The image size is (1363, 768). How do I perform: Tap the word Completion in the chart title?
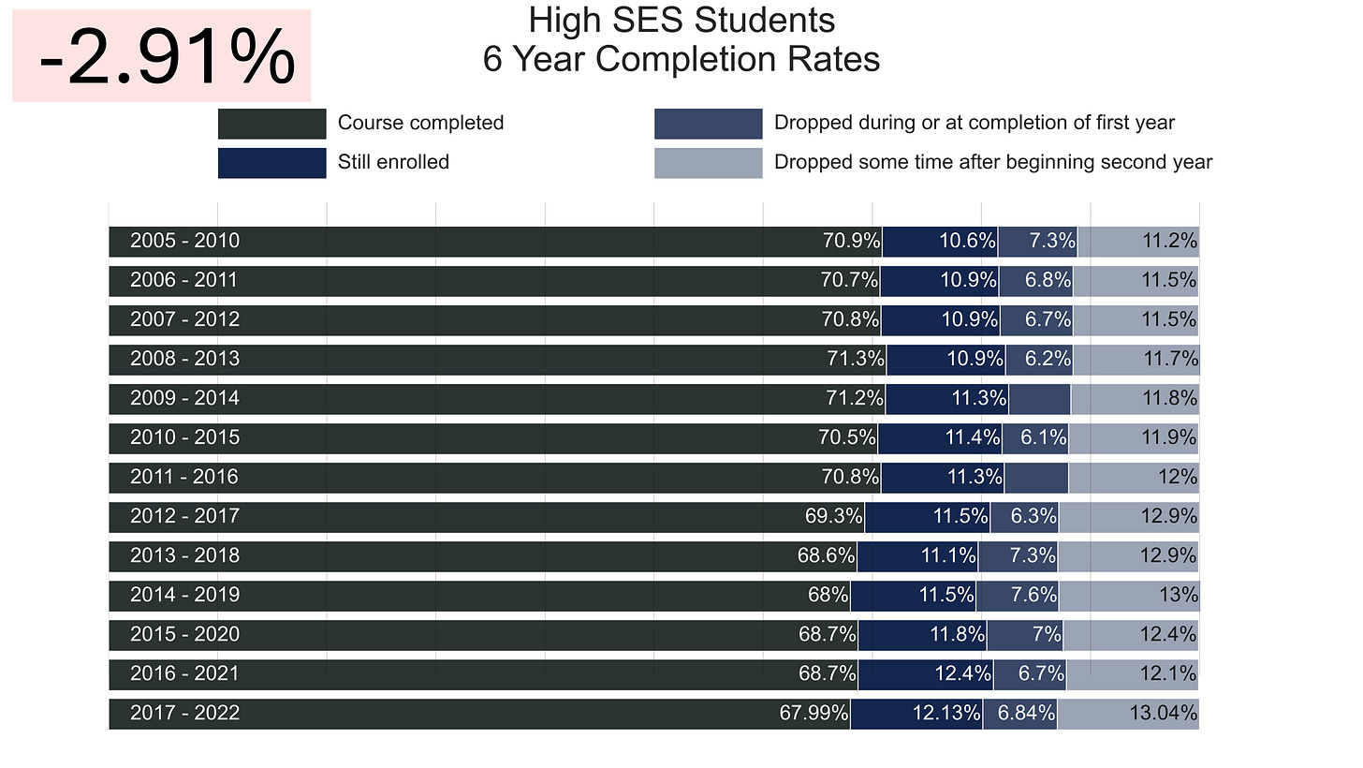click(686, 59)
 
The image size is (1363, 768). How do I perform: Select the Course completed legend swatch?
click(272, 124)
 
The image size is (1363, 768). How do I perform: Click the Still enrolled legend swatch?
click(272, 163)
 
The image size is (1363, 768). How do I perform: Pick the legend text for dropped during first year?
click(975, 123)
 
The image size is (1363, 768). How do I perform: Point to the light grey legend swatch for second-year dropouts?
click(709, 163)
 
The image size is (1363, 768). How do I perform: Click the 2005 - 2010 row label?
click(185, 241)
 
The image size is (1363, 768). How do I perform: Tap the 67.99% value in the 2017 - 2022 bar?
click(813, 713)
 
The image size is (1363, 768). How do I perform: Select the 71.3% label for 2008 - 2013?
click(855, 359)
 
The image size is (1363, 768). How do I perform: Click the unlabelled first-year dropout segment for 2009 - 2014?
click(1039, 399)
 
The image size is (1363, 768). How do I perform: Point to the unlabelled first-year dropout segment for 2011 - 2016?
click(1036, 478)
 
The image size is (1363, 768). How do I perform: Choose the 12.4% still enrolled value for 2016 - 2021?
click(962, 673)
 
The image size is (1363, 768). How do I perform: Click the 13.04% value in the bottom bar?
click(1164, 713)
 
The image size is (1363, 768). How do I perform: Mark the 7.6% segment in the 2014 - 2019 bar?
click(1018, 596)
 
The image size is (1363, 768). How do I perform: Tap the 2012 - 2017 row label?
click(185, 516)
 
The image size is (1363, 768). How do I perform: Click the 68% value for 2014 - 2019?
click(828, 595)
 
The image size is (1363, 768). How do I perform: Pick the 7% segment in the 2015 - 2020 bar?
click(1025, 635)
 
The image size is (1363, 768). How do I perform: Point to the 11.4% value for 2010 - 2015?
click(973, 437)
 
